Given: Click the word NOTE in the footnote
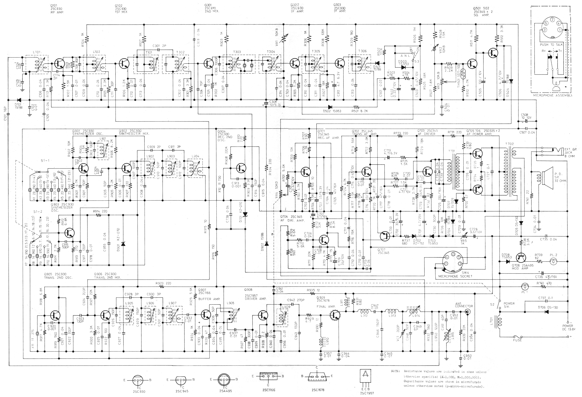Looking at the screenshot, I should pyautogui.click(x=395, y=371).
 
